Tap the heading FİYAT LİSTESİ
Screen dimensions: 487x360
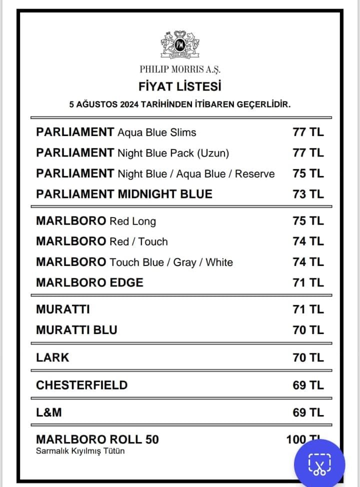pos(180,86)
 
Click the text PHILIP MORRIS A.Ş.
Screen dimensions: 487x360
pos(180,69)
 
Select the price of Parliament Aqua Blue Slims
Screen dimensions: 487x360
pos(308,132)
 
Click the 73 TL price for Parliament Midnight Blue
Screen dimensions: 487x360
pos(308,194)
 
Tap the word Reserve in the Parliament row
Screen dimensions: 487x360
pos(255,174)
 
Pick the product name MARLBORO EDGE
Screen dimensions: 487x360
pos(89,282)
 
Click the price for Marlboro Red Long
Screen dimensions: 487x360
pos(308,221)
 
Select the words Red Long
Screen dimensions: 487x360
pos(132,221)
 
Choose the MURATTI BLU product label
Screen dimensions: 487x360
pos(76,330)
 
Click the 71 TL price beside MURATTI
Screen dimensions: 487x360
pos(308,309)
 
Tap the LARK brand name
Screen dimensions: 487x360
pos(52,357)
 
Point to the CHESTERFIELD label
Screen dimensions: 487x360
pos(81,385)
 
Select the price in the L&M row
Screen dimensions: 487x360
pos(308,412)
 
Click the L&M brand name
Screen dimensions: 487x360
pos(48,412)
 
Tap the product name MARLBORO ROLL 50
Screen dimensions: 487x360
pos(97,439)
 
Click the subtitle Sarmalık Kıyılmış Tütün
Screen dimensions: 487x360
pos(80,451)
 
